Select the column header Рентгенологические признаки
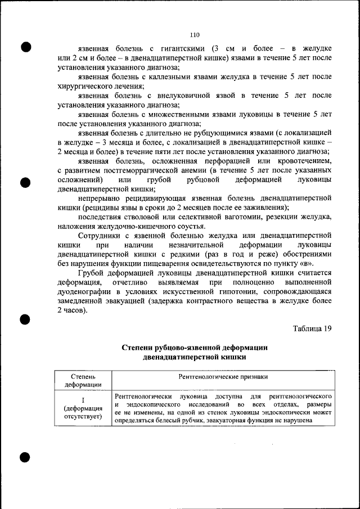(x=222, y=376)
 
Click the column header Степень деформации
(x=83, y=380)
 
